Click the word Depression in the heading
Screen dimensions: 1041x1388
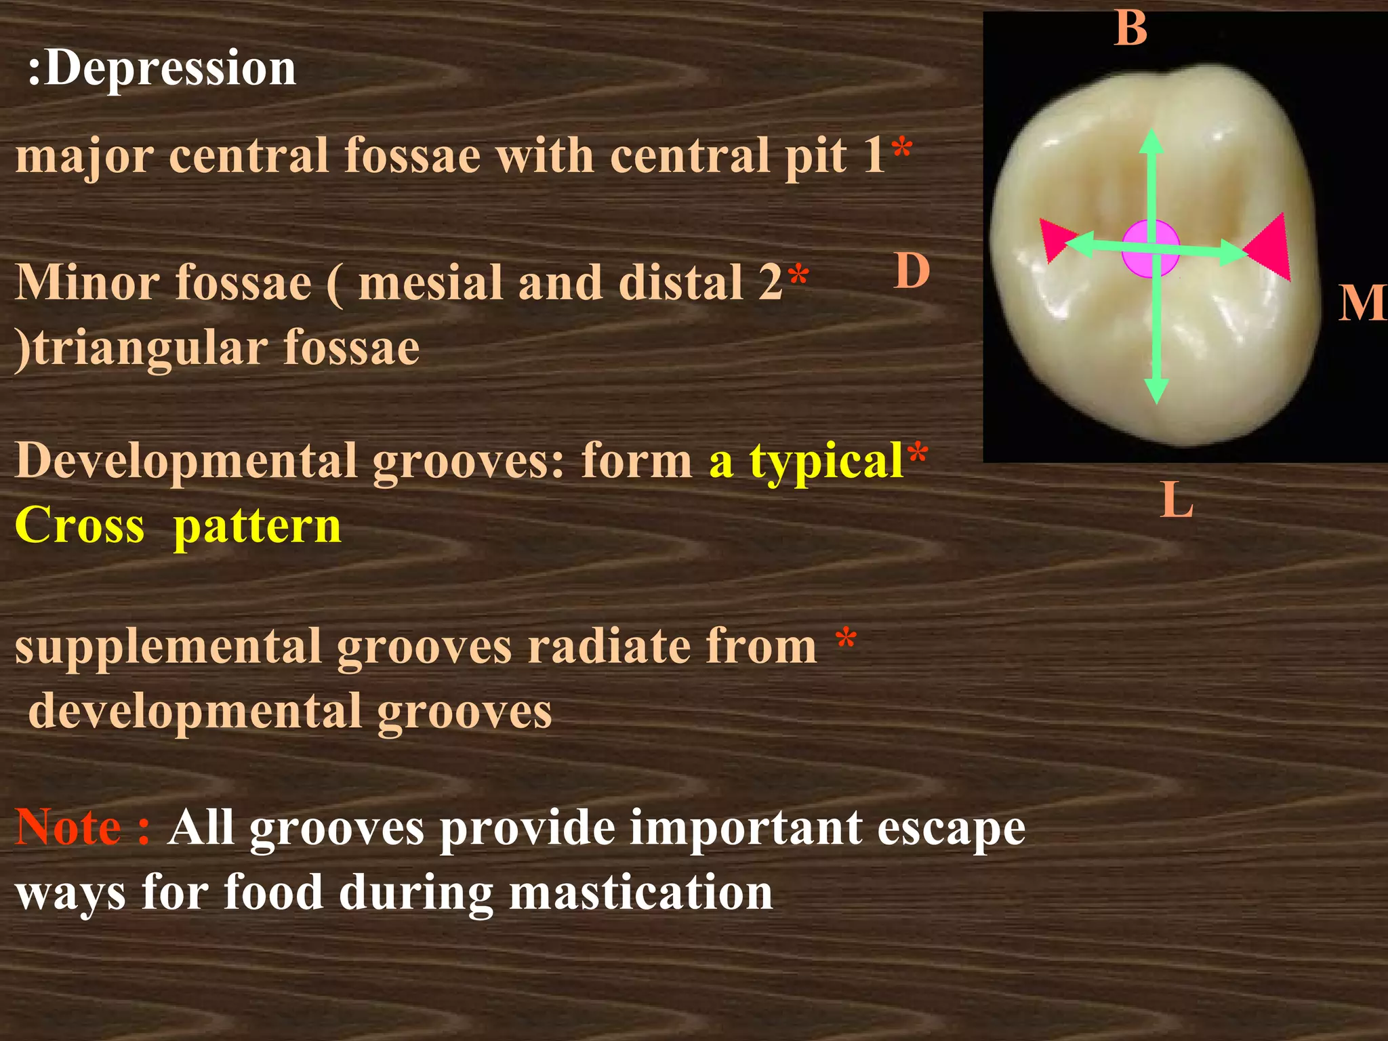point(171,69)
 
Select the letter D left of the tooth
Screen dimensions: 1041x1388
point(912,271)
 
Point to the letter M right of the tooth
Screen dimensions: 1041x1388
point(1361,303)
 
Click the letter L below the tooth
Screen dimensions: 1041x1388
point(1176,501)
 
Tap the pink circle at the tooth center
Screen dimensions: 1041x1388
point(1150,248)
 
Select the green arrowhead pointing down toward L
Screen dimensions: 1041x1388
point(1156,391)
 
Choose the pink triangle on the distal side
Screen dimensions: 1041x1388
point(1055,238)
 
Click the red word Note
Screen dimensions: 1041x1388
point(68,828)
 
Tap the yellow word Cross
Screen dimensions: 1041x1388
point(80,525)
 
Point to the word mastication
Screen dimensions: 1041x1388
point(640,893)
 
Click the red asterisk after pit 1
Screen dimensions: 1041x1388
point(902,148)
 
